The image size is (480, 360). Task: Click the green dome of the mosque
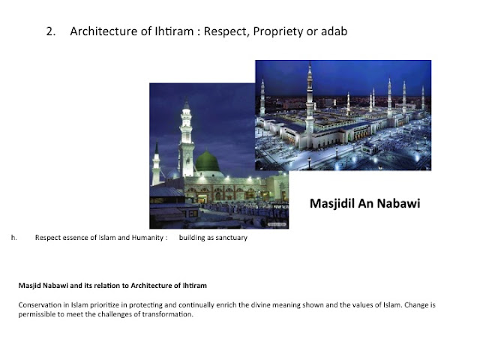(x=207, y=161)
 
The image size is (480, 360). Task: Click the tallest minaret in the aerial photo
(x=309, y=97)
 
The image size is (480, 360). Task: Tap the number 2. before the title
(x=50, y=31)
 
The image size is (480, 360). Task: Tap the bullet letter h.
(x=14, y=238)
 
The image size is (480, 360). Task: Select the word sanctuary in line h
(x=229, y=238)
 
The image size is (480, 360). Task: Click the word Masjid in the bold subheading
(x=30, y=285)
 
